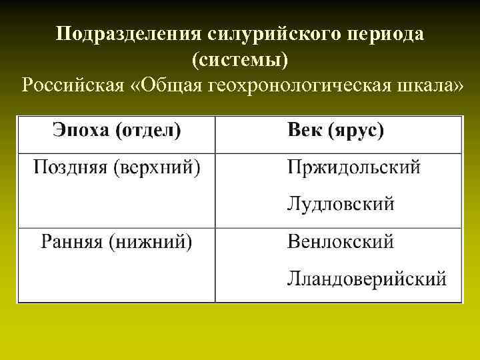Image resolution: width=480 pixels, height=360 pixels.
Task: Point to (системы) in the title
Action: click(x=240, y=61)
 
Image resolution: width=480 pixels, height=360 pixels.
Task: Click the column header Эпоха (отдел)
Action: click(x=116, y=131)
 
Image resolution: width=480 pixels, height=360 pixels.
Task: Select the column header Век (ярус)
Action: click(x=335, y=131)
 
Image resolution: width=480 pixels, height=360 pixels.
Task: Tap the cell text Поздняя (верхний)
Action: click(x=117, y=167)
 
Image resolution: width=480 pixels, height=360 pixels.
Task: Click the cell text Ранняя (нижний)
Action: click(x=117, y=241)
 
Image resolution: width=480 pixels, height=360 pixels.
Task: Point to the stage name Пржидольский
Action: click(x=354, y=167)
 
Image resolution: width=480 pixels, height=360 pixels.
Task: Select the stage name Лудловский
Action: click(x=341, y=203)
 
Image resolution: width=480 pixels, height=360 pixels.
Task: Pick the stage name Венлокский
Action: click(x=341, y=241)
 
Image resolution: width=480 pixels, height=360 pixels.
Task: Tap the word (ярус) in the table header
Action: click(x=356, y=131)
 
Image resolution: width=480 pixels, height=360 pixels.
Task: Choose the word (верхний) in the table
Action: click(x=156, y=167)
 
